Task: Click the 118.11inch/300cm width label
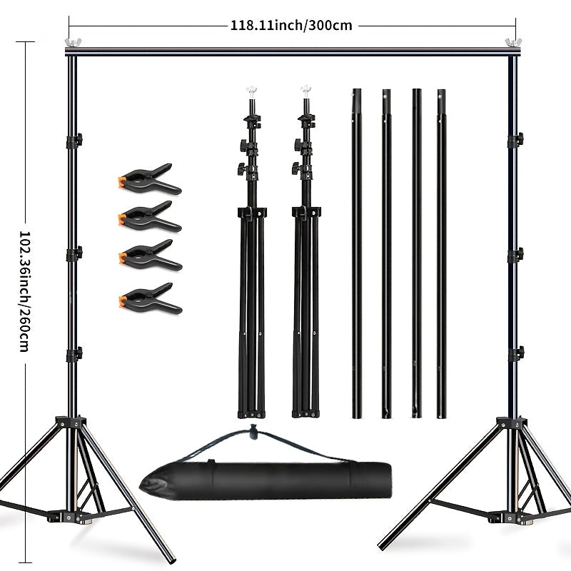291,26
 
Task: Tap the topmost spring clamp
150,179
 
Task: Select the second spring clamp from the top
150,216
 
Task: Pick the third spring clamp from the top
150,256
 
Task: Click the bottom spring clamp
150,298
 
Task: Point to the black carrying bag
266,479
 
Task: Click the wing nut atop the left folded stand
251,91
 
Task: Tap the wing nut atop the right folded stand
306,90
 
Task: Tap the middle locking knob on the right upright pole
516,255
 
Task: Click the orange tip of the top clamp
123,182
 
